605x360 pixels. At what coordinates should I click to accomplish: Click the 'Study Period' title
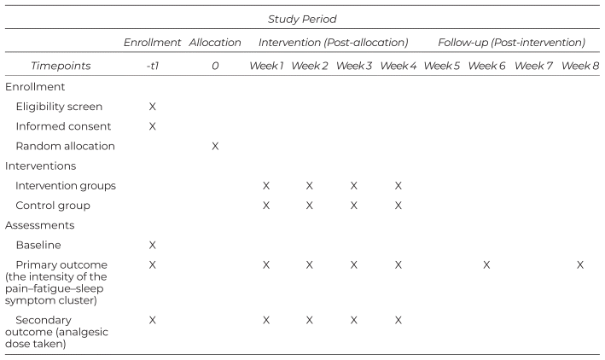(x=302, y=19)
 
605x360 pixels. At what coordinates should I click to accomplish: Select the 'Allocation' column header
(x=215, y=42)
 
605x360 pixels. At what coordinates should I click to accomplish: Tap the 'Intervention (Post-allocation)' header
(x=334, y=42)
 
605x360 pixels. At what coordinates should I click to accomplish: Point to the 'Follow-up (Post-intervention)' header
(x=512, y=42)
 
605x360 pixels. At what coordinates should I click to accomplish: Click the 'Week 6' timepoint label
(x=486, y=66)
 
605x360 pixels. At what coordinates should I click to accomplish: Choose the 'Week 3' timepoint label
(x=354, y=66)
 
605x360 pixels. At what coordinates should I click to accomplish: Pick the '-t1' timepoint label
(x=153, y=66)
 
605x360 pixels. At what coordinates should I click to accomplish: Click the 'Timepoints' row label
(x=61, y=66)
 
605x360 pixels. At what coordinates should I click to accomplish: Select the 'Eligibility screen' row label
(x=59, y=107)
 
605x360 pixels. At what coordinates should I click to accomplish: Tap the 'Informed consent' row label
(x=63, y=126)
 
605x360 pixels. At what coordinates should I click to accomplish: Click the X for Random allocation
(x=215, y=146)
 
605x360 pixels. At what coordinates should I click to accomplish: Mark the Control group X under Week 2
(x=309, y=206)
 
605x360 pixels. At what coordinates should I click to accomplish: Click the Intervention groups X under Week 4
(x=398, y=186)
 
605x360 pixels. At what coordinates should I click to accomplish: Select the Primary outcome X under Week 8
(x=580, y=265)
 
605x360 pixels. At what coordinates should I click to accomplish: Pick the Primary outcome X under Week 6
(x=486, y=265)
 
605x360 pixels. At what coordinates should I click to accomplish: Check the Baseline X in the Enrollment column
(x=153, y=245)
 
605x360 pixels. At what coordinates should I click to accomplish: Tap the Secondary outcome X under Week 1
(x=266, y=320)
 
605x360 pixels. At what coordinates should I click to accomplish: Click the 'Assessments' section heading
(x=40, y=225)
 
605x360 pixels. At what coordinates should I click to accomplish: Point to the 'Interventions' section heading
(x=40, y=165)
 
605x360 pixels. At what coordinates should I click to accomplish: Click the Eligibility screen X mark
(x=153, y=107)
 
